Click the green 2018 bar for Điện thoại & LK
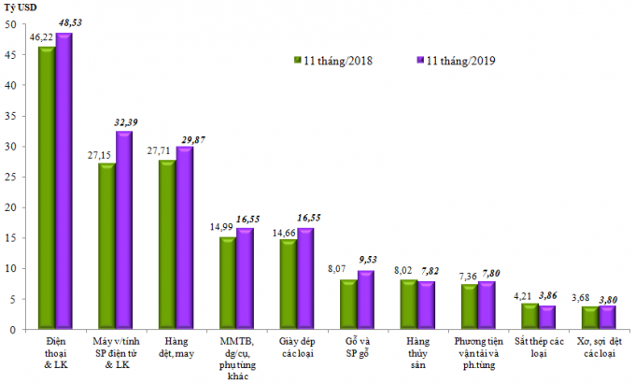click(46, 187)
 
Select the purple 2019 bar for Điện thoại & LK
click(63, 182)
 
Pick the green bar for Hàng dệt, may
click(166, 245)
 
